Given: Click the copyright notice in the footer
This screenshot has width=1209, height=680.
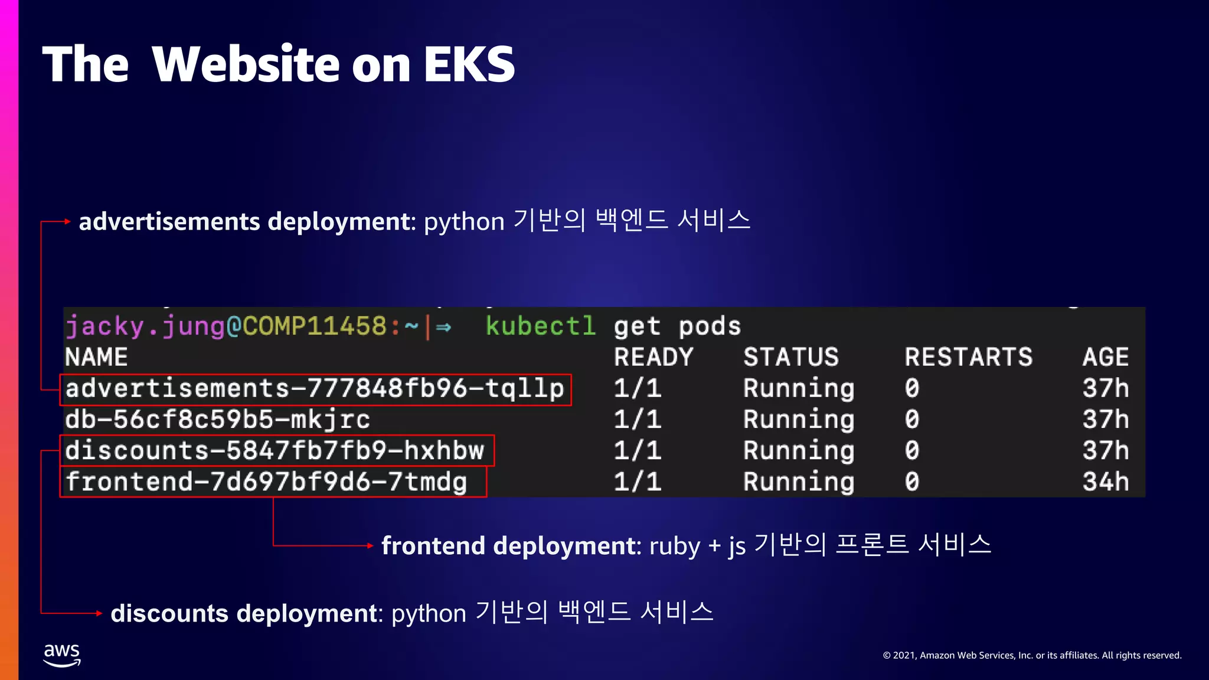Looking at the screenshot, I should pos(1032,655).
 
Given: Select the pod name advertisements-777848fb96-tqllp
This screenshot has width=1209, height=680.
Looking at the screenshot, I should pos(315,389).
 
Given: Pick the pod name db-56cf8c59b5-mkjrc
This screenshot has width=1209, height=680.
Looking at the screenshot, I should pos(217,420).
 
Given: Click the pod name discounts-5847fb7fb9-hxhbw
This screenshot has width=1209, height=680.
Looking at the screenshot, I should pos(275,451).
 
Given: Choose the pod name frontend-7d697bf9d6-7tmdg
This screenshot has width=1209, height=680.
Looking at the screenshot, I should pos(266,482).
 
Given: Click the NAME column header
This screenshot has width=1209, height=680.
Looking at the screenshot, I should pos(96,358).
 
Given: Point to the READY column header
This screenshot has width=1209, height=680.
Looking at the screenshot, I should pos(653,358).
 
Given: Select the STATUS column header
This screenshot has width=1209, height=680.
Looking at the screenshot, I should pos(791,358).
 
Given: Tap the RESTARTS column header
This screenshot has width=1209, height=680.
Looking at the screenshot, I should pos(969,358).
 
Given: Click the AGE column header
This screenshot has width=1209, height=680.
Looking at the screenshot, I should pos(1105,358).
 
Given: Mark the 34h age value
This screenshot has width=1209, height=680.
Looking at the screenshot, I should pos(1105,482).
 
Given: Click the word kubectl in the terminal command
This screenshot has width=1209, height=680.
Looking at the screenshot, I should pos(540,326).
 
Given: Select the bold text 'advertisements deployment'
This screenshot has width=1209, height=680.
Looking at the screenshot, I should pos(244,222).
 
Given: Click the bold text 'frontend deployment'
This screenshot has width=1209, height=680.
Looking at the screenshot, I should pos(508,546).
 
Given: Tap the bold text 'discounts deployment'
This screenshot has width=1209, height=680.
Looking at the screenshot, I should pos(244,614).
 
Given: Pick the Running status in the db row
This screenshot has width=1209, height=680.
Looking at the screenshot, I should pos(799,420).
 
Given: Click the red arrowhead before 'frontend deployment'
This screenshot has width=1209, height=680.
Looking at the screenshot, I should pos(370,546).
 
